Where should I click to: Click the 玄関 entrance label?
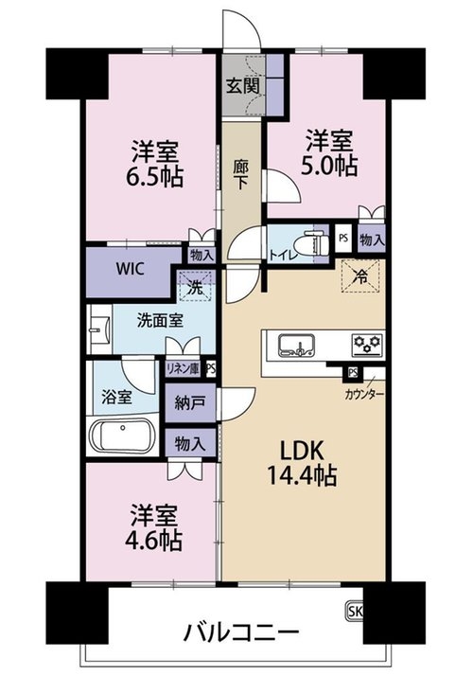click(243, 86)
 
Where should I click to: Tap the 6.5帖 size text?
click(154, 176)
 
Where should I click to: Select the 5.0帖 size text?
click(328, 165)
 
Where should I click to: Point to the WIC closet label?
click(130, 269)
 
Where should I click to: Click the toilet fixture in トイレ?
click(317, 244)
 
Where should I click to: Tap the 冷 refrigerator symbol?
click(360, 276)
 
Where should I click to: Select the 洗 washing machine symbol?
click(197, 286)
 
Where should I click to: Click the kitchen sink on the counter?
click(297, 346)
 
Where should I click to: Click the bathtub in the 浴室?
click(122, 436)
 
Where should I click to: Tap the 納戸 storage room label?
click(190, 403)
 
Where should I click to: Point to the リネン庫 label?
click(184, 369)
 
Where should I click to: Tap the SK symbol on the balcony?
click(355, 611)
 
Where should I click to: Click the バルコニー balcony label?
click(241, 633)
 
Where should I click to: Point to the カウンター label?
click(364, 394)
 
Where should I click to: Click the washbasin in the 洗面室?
click(99, 329)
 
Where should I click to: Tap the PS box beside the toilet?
click(343, 237)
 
